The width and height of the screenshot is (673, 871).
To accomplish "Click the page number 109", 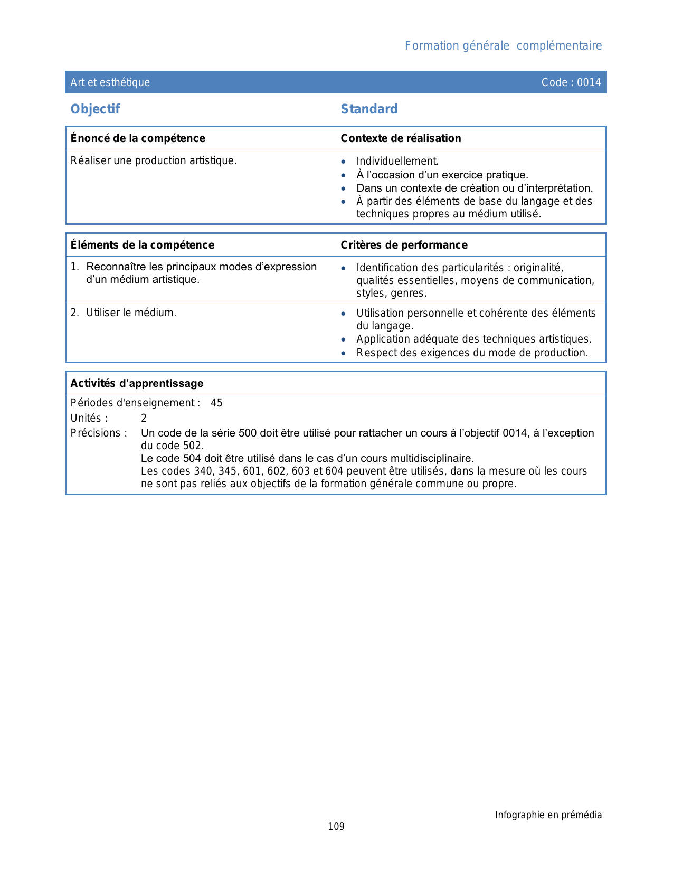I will (x=336, y=827).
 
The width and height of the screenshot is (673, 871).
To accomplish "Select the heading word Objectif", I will (x=95, y=109).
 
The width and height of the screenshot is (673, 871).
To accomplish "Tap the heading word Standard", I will (x=369, y=109).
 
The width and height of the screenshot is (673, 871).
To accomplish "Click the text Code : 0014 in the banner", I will (x=571, y=82).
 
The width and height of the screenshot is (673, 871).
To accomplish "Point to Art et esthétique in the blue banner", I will (x=110, y=82).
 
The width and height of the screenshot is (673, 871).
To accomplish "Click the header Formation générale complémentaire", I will (x=503, y=46).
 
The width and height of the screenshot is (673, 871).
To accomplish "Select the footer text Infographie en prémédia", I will (x=548, y=815).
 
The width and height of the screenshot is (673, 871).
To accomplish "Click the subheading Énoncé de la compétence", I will (x=138, y=138).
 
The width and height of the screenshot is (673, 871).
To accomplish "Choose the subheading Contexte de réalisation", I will (x=401, y=138).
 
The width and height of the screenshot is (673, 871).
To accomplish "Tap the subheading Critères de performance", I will (x=404, y=245).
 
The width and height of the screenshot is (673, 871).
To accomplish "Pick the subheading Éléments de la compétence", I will (x=143, y=245).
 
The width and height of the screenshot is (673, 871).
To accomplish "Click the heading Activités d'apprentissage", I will (x=137, y=383).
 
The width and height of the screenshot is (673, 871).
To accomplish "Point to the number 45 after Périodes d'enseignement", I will (x=216, y=403).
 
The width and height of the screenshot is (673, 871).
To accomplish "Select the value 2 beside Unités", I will (x=144, y=419).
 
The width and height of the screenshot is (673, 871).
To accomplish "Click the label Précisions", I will (x=99, y=433).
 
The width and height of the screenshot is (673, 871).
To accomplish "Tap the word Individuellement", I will (x=397, y=162).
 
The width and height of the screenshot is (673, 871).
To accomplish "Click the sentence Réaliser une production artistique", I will (x=154, y=160).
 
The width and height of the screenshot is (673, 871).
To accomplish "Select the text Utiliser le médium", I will (x=131, y=313).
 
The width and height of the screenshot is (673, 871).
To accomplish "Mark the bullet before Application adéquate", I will (x=343, y=340).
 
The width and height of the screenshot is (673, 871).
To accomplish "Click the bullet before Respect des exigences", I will (x=343, y=353).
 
